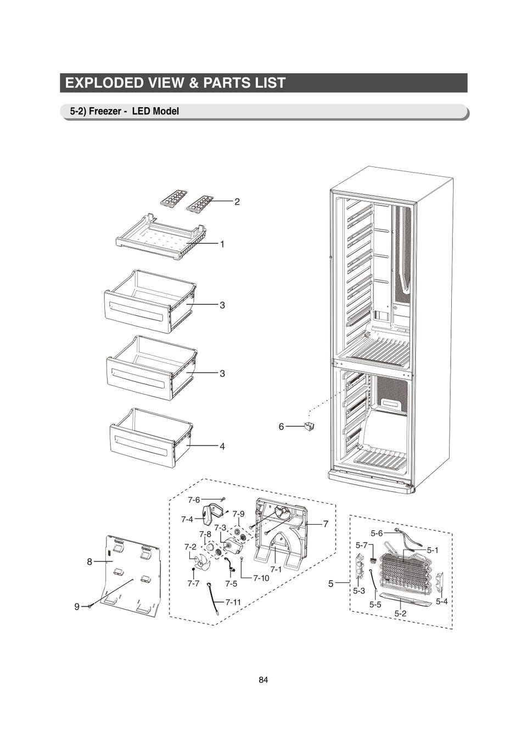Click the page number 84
click(x=263, y=680)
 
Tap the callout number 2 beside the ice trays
click(x=237, y=202)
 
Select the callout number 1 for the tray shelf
click(x=222, y=244)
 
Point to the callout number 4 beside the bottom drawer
click(x=222, y=447)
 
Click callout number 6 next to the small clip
click(x=281, y=426)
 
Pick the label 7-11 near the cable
click(x=233, y=602)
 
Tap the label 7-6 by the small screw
click(x=194, y=500)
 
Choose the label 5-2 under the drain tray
click(x=401, y=613)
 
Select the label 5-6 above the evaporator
click(x=377, y=533)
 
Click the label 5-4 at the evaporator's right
click(x=442, y=602)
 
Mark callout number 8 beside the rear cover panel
click(x=89, y=561)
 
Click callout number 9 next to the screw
click(x=77, y=606)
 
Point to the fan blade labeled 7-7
click(x=198, y=563)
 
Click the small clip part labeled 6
click(x=310, y=426)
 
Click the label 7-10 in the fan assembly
click(x=261, y=578)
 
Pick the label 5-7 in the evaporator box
click(x=361, y=545)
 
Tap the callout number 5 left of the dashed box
click(x=331, y=583)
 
